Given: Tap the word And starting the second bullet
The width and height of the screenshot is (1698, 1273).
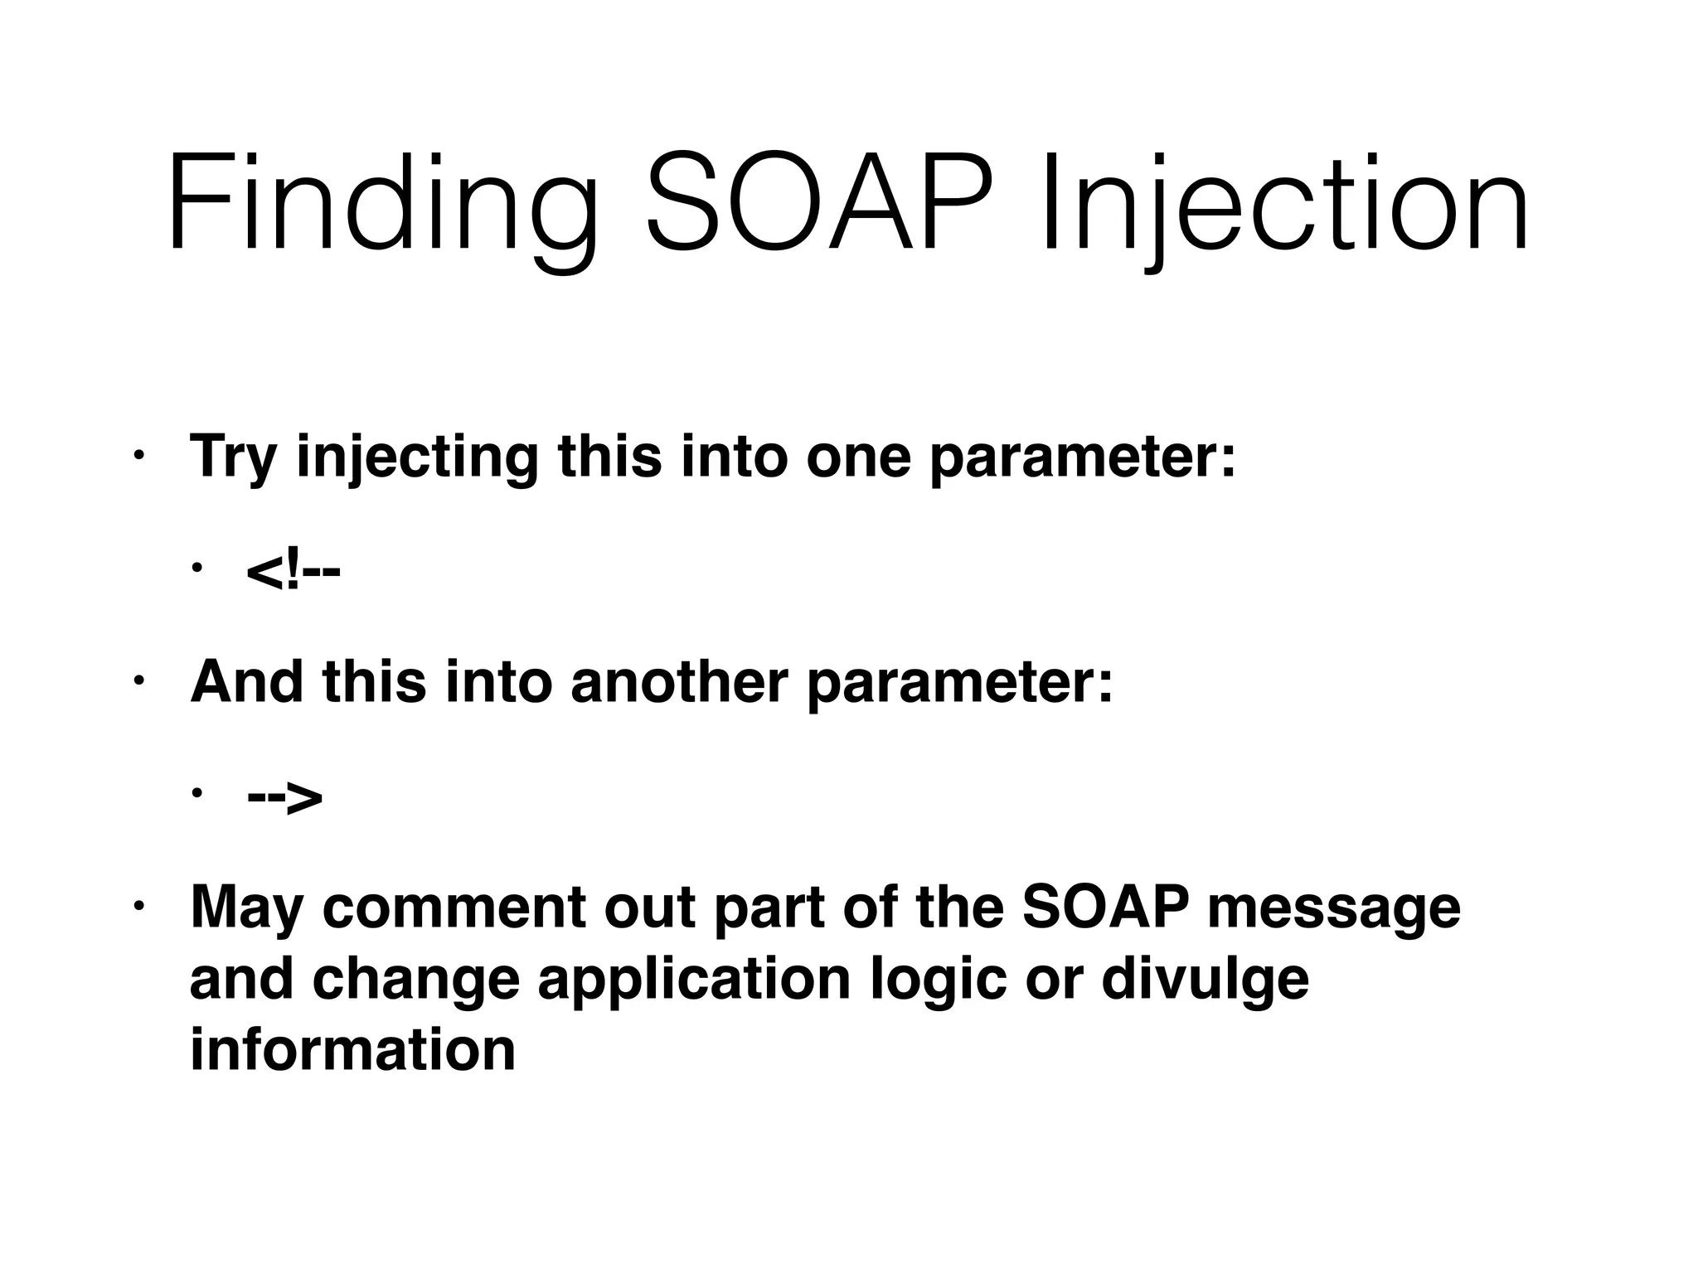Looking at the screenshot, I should pos(246,682).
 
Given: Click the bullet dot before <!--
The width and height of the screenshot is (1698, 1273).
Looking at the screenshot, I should pos(196,569).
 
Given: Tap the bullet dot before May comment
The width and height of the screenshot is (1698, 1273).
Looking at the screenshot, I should pos(138,904).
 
